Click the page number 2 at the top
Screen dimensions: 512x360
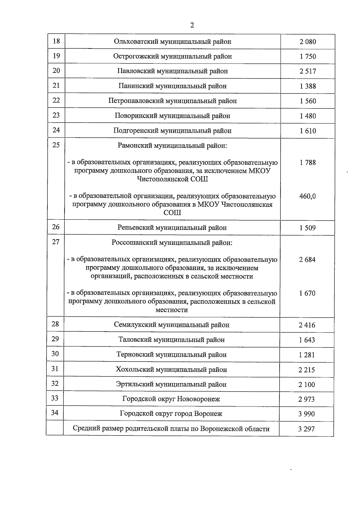192,25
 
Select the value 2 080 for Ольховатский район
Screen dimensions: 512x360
307,42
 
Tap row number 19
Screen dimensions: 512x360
56,56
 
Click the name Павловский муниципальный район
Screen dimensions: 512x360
172,71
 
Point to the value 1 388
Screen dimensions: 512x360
307,86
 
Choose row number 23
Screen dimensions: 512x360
56,115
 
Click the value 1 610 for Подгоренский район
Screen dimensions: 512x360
307,131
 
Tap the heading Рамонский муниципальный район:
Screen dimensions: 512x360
172,146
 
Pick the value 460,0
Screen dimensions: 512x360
307,196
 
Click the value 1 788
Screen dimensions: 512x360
307,163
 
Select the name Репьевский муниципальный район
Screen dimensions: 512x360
172,228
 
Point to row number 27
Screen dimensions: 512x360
56,242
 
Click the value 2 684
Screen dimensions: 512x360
307,260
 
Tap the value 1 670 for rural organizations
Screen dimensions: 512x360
307,293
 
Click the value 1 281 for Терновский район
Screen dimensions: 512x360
307,355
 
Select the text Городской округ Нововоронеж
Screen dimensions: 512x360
171,399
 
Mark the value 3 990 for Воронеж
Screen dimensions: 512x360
307,414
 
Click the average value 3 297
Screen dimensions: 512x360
306,429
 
